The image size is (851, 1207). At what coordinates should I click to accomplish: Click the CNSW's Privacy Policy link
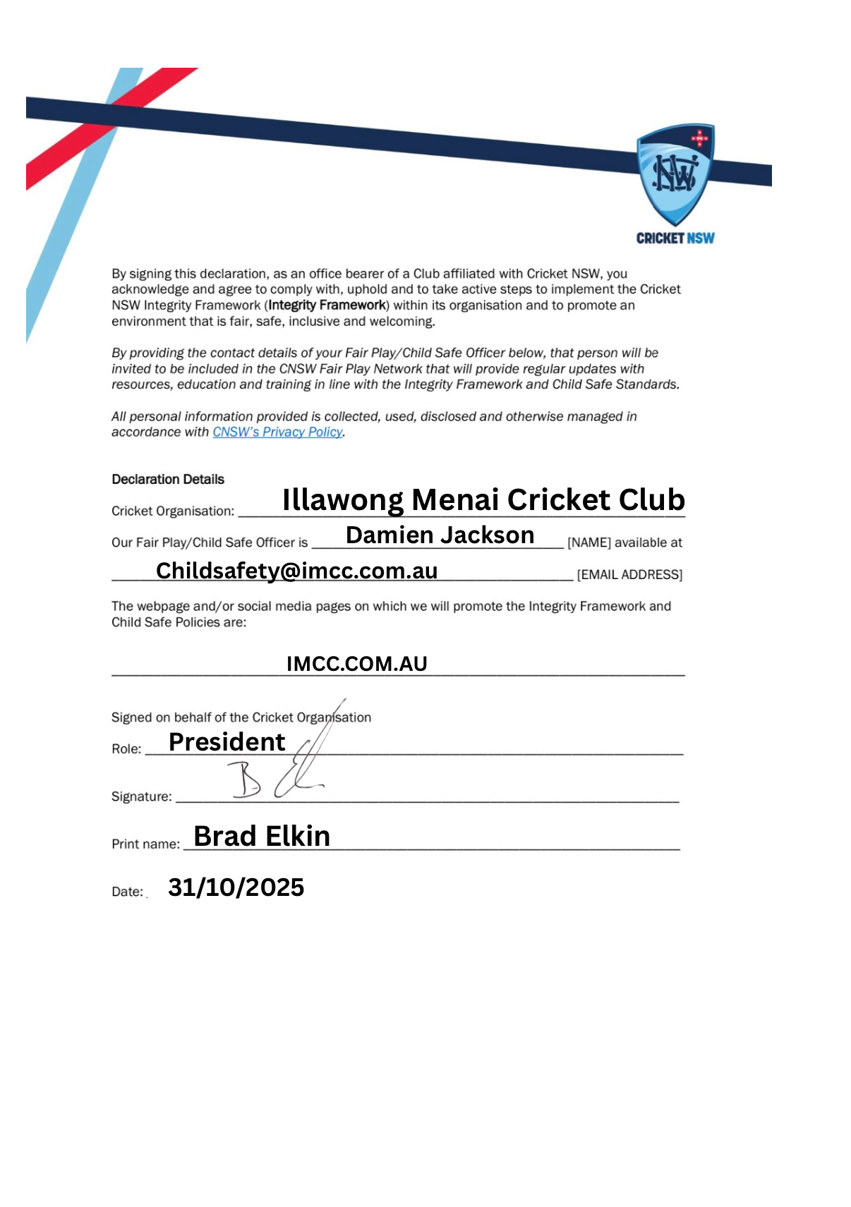(277, 432)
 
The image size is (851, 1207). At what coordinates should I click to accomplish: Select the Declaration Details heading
(168, 480)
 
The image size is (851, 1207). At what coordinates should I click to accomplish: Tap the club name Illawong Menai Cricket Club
(483, 499)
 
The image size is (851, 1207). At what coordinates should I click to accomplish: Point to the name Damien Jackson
(440, 535)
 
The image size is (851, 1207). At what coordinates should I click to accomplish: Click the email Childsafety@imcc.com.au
(296, 571)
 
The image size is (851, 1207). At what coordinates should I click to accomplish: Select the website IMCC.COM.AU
(356, 664)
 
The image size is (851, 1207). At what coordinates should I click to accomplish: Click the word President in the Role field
(227, 742)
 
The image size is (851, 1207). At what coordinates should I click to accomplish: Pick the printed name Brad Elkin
(262, 837)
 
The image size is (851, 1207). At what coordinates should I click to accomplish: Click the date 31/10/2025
(236, 887)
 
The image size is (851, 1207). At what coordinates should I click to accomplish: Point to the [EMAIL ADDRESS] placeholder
(629, 575)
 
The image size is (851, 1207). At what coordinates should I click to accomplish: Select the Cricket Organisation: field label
(173, 511)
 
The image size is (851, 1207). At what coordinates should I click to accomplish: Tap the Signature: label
(141, 796)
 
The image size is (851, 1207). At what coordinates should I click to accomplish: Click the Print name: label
(145, 844)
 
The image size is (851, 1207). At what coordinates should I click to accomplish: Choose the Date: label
(127, 892)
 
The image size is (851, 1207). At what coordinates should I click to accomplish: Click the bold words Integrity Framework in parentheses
(327, 305)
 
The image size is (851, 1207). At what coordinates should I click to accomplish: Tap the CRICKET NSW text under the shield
(675, 238)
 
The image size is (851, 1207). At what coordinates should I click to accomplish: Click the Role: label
(126, 749)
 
